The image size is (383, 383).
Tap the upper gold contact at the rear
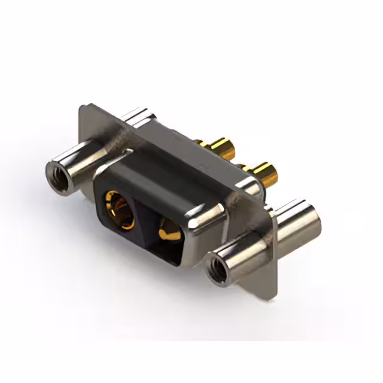218,147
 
